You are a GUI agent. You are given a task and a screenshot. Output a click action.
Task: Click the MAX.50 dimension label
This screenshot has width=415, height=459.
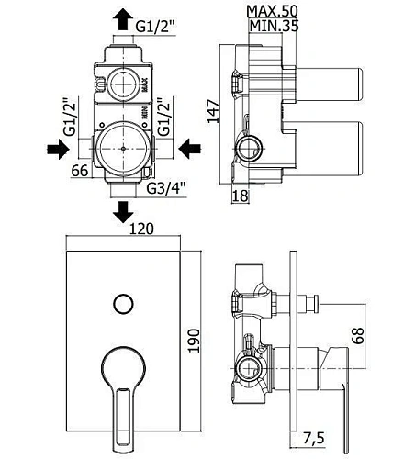coord(272,11)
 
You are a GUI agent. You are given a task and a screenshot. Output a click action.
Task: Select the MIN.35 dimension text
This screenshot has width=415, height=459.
coord(274,26)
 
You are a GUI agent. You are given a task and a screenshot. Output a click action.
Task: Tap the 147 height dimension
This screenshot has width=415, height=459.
coord(213,111)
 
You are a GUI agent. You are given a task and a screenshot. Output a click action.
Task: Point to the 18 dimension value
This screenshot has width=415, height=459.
coord(241,196)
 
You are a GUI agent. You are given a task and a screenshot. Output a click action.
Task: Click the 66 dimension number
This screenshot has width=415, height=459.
coord(80,171)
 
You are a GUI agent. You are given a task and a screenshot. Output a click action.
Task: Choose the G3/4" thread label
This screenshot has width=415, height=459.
coord(166,188)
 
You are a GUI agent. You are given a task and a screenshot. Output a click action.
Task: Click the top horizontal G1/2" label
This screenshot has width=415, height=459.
coord(155,27)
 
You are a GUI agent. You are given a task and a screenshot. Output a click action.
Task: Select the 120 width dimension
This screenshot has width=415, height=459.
coord(141,229)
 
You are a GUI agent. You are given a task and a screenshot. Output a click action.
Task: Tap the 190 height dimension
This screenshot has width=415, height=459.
coord(194,341)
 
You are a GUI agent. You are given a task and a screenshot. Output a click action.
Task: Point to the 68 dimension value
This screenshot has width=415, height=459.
coord(358,336)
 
